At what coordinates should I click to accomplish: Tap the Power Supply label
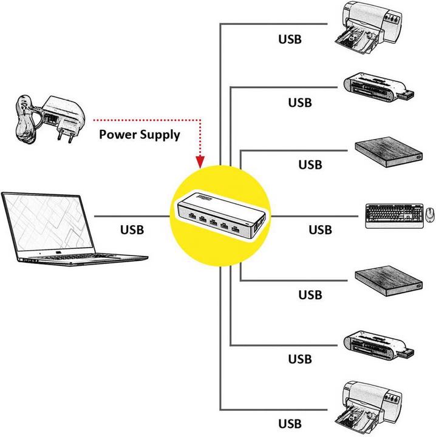[x=140, y=135]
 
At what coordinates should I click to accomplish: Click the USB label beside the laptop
[x=132, y=230]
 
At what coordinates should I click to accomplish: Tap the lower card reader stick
[x=380, y=346]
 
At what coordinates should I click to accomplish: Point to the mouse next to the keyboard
[x=430, y=214]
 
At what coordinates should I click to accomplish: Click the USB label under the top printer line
[x=290, y=39]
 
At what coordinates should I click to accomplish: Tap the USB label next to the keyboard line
[x=320, y=230]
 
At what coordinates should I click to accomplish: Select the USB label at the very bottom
[x=290, y=423]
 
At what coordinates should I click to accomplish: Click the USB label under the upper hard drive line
[x=310, y=164]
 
